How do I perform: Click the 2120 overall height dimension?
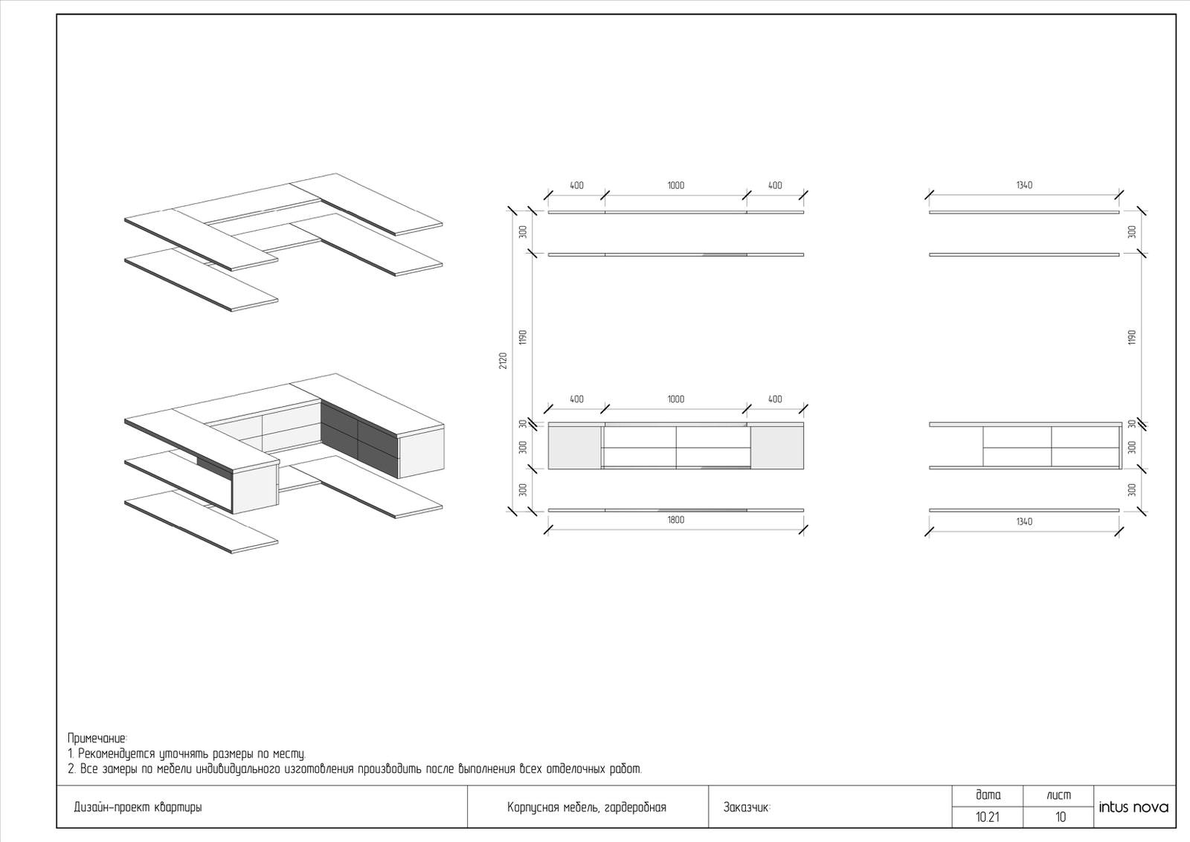click(503, 360)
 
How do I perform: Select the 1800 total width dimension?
click(676, 520)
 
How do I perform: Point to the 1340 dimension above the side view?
click(1024, 185)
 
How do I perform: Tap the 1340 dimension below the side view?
click(1024, 521)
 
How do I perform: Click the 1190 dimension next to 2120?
click(523, 338)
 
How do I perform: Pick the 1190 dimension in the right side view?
click(1131, 338)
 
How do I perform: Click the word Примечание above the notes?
click(97, 739)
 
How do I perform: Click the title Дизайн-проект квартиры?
click(138, 808)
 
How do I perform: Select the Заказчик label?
click(747, 808)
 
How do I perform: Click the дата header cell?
click(988, 795)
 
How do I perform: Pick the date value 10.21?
click(988, 817)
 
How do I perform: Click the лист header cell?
click(1059, 795)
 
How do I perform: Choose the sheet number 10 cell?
click(1059, 817)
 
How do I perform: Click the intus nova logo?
click(1133, 808)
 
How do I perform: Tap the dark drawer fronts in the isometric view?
click(359, 438)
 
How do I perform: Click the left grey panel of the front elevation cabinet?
click(574, 448)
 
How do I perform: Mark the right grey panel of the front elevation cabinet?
click(776, 448)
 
